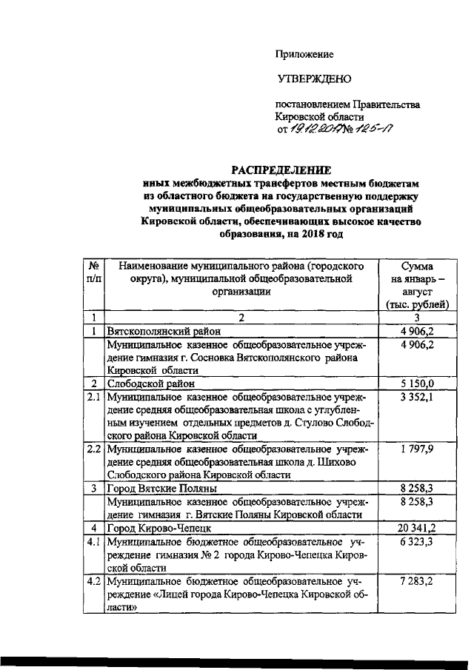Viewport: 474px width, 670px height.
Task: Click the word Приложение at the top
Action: pos(304,54)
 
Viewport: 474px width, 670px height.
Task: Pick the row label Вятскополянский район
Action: pos(158,332)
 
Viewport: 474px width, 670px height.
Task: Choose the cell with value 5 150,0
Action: pos(417,384)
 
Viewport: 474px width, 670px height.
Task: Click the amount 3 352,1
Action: pos(417,398)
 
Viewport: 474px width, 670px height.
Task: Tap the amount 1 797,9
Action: pos(417,449)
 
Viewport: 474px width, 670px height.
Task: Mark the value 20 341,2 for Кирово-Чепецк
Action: pos(415,528)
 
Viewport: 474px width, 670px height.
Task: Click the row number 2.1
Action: pos(93,398)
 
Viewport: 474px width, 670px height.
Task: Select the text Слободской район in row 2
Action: pos(152,384)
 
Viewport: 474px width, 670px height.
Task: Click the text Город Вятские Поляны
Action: pos(161,489)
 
